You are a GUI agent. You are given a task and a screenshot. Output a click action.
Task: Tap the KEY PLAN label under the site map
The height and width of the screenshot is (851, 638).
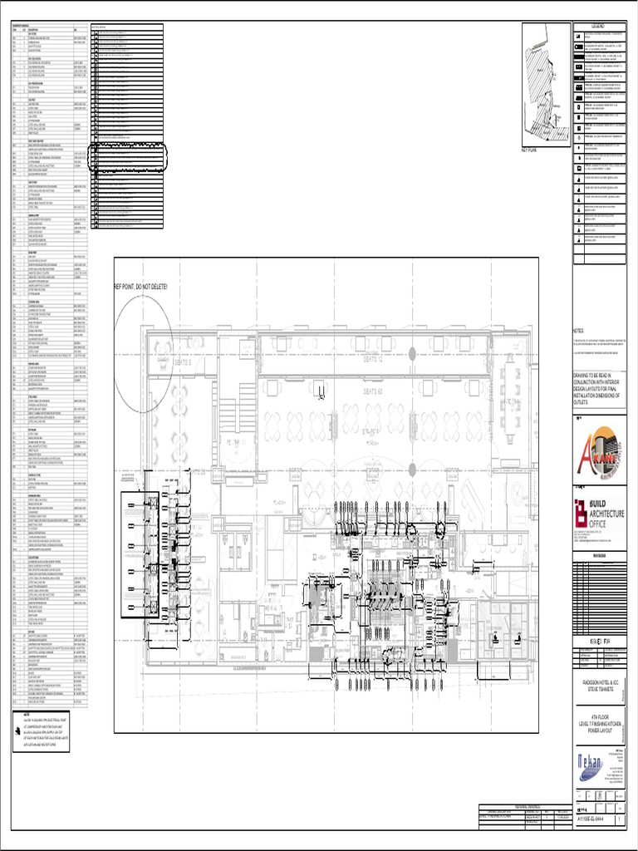(531, 150)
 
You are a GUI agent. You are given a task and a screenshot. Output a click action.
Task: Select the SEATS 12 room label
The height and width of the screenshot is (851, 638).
(373, 359)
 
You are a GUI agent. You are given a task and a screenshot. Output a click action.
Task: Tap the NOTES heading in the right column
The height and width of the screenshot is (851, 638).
(579, 331)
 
